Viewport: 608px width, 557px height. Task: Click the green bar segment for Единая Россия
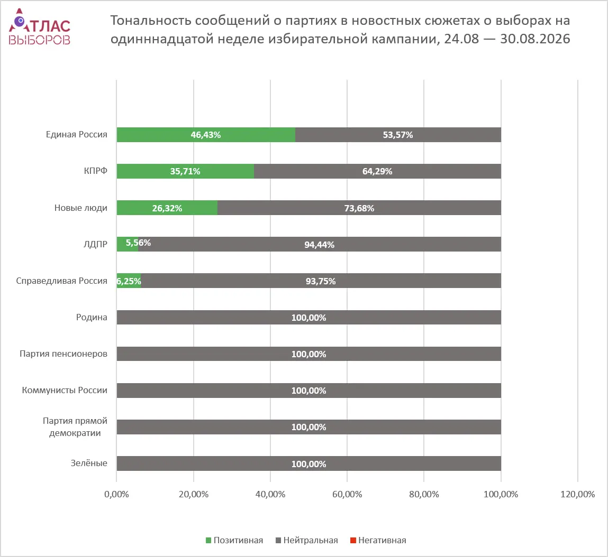(x=206, y=135)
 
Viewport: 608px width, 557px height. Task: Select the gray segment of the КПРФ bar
(x=377, y=171)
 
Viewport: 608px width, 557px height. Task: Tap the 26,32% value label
(x=167, y=208)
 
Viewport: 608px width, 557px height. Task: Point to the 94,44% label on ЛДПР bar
(x=319, y=244)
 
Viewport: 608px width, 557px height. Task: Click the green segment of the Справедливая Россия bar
(x=129, y=281)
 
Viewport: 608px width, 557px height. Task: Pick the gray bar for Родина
(x=308, y=317)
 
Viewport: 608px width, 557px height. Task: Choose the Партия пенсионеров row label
(x=63, y=354)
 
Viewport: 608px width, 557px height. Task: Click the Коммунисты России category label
(x=65, y=390)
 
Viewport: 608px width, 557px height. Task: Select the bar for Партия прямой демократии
(x=308, y=427)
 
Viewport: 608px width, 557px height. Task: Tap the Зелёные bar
(x=308, y=463)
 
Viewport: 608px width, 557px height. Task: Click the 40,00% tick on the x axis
(x=270, y=494)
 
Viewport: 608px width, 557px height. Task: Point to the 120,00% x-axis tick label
(x=577, y=494)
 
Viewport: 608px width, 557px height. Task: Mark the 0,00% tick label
(x=117, y=494)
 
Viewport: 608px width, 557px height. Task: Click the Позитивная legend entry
(x=234, y=540)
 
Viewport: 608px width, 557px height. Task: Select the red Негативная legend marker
(x=353, y=540)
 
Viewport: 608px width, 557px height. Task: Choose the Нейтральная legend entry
(x=307, y=540)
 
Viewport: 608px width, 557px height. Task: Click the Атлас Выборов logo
(x=40, y=27)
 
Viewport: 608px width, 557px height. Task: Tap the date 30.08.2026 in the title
(x=535, y=39)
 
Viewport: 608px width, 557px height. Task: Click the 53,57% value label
(x=398, y=135)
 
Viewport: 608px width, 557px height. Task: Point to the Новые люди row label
(x=80, y=208)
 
